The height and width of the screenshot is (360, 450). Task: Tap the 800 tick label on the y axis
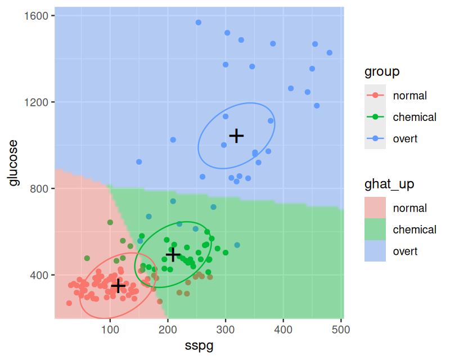(40, 188)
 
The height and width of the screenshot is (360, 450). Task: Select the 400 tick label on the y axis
(40, 275)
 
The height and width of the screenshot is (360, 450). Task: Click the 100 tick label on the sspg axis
(110, 329)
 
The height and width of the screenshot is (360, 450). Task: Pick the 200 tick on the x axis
(168, 329)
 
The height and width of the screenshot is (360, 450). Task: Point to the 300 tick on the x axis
(226, 329)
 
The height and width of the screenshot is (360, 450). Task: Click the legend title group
(382, 71)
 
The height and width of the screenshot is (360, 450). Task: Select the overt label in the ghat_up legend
(405, 251)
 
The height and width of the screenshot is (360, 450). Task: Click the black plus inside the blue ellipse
(236, 136)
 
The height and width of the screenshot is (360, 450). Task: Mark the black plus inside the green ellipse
(173, 255)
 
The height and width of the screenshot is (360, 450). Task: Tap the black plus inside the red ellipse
(118, 286)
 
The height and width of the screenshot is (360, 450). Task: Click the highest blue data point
(199, 22)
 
